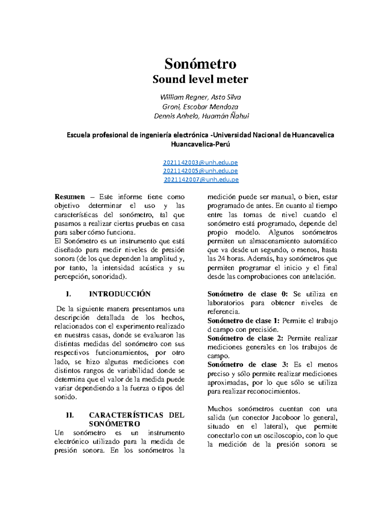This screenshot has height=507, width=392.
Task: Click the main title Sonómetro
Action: [200, 64]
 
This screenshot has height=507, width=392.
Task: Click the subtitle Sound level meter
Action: [200, 79]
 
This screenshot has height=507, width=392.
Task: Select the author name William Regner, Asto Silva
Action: [200, 97]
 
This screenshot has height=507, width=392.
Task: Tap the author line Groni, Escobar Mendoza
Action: [200, 107]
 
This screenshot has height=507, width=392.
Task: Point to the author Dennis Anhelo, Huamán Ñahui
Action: [201, 116]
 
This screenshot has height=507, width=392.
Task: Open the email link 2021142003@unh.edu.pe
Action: [200, 163]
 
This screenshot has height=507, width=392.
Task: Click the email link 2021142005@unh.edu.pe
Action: [200, 171]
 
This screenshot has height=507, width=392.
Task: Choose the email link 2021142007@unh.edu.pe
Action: [201, 180]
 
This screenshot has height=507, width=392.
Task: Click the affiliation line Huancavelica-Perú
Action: [200, 144]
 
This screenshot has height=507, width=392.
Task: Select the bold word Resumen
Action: [70, 197]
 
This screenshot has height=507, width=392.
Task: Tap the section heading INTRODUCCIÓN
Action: [120, 294]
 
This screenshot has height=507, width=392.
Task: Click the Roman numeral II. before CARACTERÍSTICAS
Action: [70, 415]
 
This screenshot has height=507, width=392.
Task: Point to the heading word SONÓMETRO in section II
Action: [114, 424]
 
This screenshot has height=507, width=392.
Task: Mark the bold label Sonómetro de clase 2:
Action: [245, 339]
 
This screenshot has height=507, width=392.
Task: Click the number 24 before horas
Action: [221, 259]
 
